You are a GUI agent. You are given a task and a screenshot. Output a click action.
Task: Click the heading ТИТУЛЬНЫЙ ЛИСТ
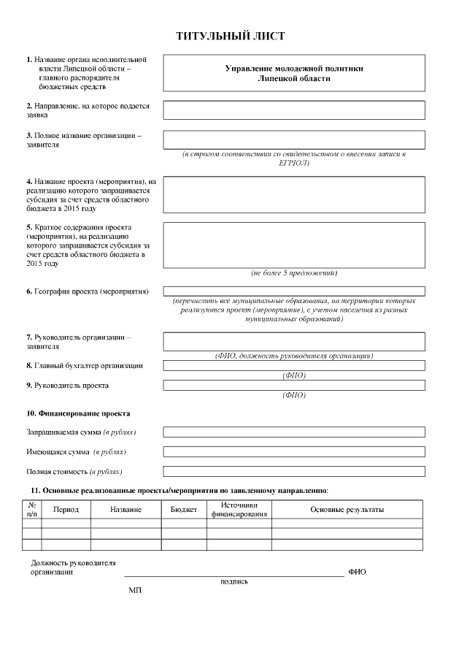[230, 36]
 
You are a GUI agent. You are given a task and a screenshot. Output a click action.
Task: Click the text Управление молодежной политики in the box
[293, 68]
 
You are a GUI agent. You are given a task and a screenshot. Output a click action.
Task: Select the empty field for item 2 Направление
[293, 110]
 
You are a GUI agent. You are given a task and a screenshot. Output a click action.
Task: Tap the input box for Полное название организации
[293, 140]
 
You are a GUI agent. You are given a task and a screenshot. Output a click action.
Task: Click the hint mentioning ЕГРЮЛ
[293, 158]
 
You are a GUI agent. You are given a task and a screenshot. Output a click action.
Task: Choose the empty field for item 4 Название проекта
[293, 194]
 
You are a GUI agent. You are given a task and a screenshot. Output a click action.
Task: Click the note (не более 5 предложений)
[293, 272]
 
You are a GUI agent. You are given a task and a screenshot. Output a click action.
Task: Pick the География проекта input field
[293, 291]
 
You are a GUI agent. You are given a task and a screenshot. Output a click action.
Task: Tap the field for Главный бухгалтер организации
[293, 365]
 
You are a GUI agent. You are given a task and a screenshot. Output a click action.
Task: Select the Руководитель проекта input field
[293, 385]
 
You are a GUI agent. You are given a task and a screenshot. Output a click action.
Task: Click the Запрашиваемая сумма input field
[293, 432]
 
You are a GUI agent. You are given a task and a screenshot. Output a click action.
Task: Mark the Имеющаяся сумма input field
[293, 452]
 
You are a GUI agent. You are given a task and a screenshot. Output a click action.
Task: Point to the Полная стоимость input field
[293, 472]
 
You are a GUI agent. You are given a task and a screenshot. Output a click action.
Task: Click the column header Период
[66, 509]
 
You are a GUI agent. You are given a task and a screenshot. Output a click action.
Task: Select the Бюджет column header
[184, 509]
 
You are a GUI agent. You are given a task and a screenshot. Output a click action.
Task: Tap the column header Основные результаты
[347, 509]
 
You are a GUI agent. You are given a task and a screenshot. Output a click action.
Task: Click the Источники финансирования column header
[239, 509]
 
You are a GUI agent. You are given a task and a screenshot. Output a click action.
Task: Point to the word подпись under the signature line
[234, 581]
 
